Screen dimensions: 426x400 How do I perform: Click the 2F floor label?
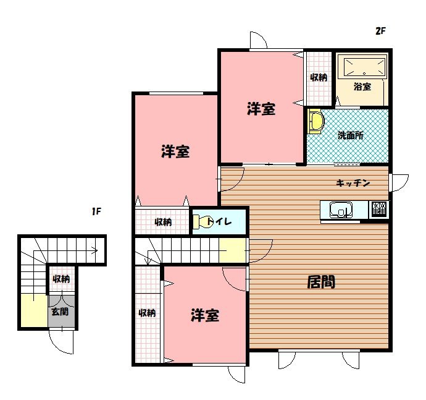381,31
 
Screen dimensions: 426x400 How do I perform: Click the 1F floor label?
96,211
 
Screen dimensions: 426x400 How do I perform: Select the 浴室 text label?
362,87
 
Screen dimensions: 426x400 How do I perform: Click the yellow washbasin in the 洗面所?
315,121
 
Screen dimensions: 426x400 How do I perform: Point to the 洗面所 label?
351,135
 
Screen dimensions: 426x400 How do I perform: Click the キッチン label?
353,183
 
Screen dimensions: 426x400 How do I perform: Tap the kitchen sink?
341,210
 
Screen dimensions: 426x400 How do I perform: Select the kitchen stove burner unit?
378,210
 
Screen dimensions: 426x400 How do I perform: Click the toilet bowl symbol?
201,222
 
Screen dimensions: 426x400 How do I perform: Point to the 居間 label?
321,282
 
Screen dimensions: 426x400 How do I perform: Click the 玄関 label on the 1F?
60,312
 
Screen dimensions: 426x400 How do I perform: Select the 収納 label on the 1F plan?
61,279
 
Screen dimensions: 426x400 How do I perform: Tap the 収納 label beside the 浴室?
319,77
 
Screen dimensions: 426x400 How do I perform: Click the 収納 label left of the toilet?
163,222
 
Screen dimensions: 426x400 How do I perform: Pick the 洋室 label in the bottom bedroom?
205,315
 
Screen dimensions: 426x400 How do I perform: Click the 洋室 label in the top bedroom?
261,109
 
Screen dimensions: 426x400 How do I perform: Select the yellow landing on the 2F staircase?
233,250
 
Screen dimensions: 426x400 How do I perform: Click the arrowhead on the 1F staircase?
95,250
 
